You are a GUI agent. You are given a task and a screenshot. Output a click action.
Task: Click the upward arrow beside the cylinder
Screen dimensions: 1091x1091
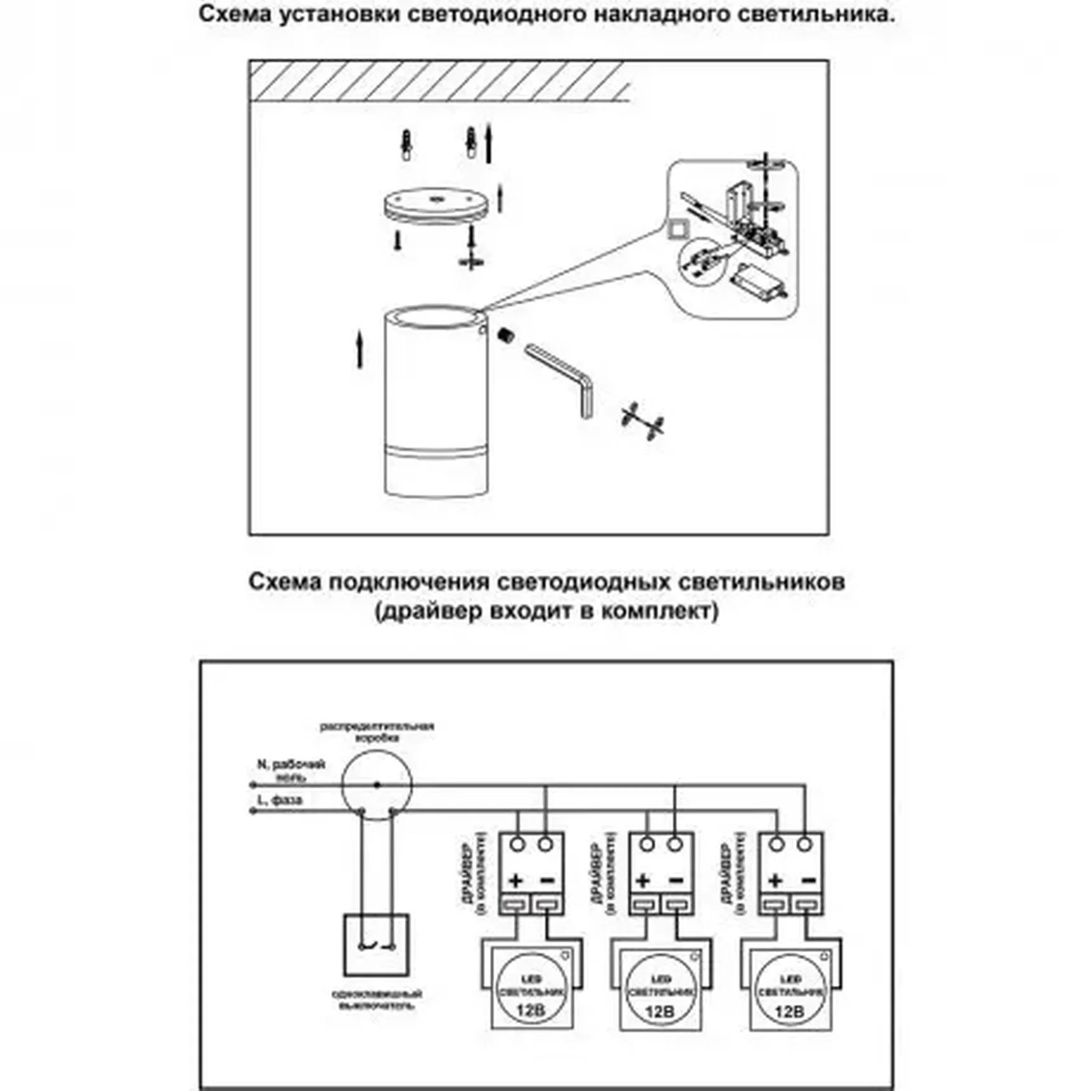(x=360, y=350)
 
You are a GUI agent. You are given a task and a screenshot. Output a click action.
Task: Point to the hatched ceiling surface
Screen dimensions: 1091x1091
(x=438, y=81)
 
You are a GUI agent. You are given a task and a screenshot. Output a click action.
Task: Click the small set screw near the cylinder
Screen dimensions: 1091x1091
(x=506, y=335)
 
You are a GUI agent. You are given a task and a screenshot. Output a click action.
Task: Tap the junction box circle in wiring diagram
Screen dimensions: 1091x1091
(x=377, y=785)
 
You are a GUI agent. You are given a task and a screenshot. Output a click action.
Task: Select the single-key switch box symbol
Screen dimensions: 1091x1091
(x=376, y=945)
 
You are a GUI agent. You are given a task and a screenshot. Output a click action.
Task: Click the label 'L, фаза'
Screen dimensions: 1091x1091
(x=280, y=800)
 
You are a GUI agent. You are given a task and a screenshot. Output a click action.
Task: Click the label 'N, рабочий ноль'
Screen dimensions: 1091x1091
(x=291, y=770)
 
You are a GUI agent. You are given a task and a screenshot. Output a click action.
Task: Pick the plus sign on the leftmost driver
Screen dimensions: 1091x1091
(x=516, y=880)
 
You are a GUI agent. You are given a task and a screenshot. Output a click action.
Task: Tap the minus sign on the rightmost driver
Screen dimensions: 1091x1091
(x=808, y=880)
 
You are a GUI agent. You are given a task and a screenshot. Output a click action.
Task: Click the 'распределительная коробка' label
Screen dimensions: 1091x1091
(x=377, y=732)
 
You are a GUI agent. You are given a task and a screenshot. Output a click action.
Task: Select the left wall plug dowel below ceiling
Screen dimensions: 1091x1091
(x=406, y=145)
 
